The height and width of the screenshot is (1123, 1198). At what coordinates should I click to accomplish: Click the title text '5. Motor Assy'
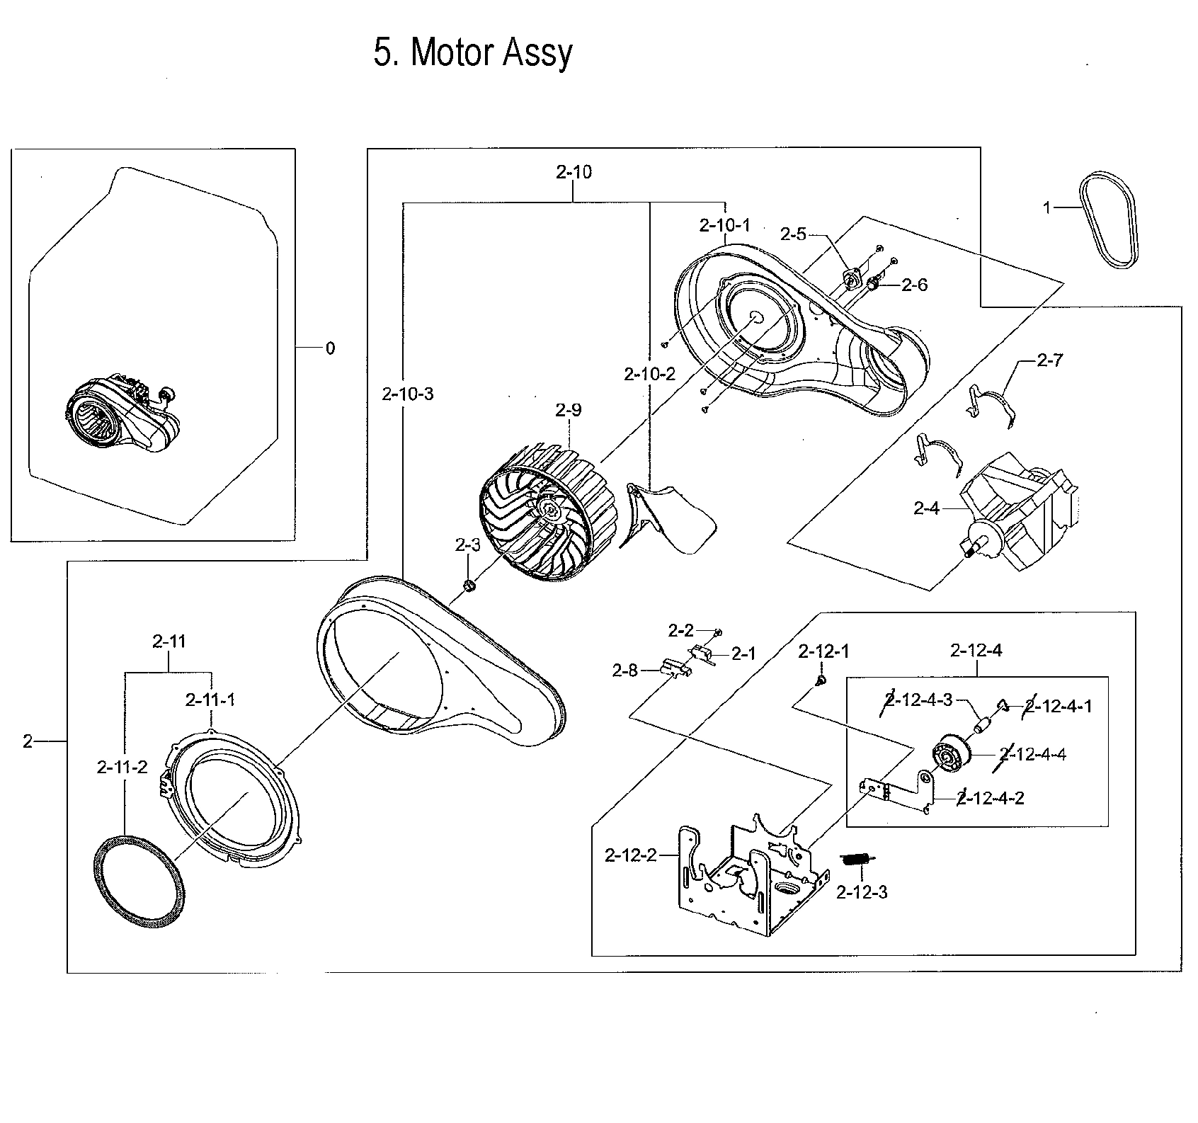coord(472,52)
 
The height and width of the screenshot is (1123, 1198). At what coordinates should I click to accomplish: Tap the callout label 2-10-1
coord(724,225)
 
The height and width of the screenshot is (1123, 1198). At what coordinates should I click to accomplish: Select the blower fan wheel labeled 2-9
coord(545,511)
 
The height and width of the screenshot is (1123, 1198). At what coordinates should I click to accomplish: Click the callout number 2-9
coord(568,410)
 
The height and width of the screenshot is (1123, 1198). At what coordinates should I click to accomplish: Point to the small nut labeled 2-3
coord(469,586)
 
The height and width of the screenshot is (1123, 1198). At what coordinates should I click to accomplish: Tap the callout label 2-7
coord(1049,360)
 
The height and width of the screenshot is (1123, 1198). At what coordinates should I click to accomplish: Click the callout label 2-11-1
coord(210,700)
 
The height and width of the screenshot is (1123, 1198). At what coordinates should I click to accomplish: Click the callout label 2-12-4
coord(976,650)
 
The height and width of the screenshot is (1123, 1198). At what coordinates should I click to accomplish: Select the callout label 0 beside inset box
coord(330,348)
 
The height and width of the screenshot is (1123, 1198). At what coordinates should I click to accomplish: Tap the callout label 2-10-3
coord(407,394)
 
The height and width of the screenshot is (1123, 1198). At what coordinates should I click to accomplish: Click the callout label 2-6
coord(914,285)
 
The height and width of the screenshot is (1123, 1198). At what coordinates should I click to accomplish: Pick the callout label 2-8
coord(624,671)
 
